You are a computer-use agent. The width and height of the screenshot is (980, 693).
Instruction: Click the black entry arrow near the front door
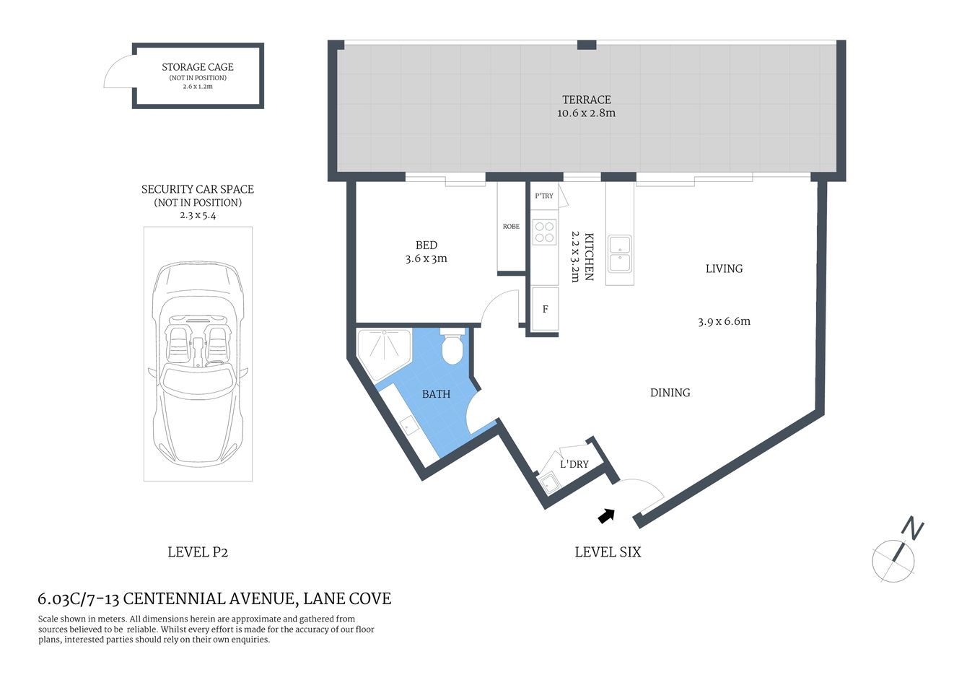[x=606, y=515]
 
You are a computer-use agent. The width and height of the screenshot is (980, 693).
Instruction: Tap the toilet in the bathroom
[x=452, y=349]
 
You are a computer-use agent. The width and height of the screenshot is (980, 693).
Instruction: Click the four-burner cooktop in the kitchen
[x=544, y=232]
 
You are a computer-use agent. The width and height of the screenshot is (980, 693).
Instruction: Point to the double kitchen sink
[x=619, y=253]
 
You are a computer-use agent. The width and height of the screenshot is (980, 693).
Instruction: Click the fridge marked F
[x=545, y=309]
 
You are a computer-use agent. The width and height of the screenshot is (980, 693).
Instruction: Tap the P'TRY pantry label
[x=544, y=196]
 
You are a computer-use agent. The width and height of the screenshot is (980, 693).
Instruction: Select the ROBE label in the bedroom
[x=511, y=227]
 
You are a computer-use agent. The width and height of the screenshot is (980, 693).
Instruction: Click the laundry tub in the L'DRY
[x=549, y=483]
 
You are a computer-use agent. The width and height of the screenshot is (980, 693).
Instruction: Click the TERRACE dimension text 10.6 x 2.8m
[x=586, y=113]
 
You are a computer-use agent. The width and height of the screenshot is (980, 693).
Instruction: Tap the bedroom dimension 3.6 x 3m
[x=426, y=258]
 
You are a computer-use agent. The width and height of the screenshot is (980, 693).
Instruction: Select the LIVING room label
[x=724, y=269]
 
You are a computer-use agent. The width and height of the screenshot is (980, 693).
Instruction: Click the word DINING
[x=670, y=393]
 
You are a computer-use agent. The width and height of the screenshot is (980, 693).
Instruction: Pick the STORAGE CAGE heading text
[x=198, y=67]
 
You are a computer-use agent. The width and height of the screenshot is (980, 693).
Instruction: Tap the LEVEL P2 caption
[x=198, y=552]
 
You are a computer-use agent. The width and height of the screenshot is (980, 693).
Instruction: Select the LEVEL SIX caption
[x=608, y=552]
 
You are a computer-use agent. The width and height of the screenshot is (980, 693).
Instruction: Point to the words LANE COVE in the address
[x=347, y=598]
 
